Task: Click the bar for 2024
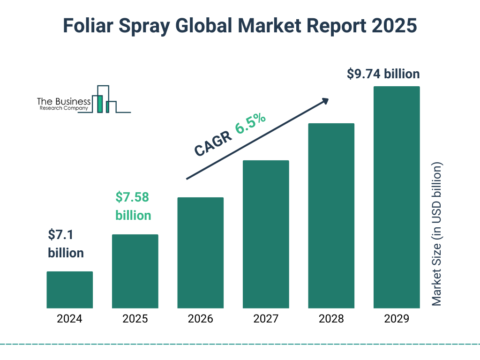tap(69, 290)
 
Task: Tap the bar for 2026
tap(200, 253)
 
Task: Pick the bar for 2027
tap(266, 234)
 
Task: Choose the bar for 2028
tap(331, 216)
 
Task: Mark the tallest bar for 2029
tap(397, 197)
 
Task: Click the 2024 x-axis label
tap(69, 319)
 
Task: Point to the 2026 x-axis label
tap(200, 319)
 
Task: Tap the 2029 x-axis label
tap(397, 319)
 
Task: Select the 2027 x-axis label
tap(266, 319)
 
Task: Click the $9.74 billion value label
tap(383, 74)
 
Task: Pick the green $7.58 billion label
tap(133, 206)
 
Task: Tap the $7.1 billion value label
tap(66, 244)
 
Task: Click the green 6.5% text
tap(250, 123)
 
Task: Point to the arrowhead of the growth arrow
tap(325, 100)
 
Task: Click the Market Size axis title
tap(437, 234)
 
